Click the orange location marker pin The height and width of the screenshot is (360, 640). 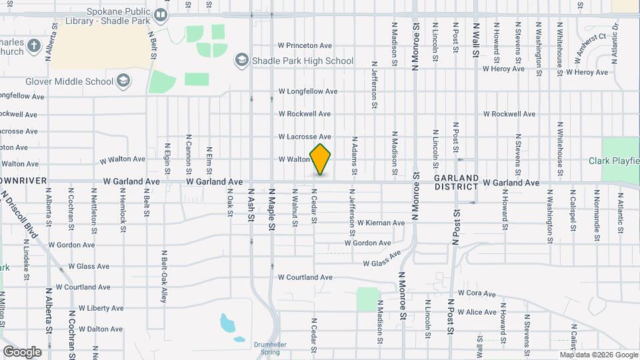[321, 159]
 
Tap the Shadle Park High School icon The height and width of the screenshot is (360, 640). [241, 61]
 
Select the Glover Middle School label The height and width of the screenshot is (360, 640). [69, 81]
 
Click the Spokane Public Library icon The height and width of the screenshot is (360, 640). [161, 14]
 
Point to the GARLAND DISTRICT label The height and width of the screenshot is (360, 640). [456, 182]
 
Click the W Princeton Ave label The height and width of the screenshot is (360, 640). [305, 46]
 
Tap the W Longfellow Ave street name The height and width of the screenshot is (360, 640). [308, 91]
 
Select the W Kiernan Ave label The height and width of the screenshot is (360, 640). [381, 223]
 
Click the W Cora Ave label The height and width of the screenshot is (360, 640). [482, 293]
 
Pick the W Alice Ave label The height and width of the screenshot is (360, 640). [481, 312]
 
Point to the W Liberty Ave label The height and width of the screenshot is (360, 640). [101, 309]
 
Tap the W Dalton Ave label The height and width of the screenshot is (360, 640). [100, 329]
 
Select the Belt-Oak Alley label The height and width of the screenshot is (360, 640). [163, 277]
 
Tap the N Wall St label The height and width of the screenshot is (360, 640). [476, 32]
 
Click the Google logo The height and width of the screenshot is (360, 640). [22, 351]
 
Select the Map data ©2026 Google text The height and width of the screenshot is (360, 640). [599, 355]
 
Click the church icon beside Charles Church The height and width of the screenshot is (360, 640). [35, 46]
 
